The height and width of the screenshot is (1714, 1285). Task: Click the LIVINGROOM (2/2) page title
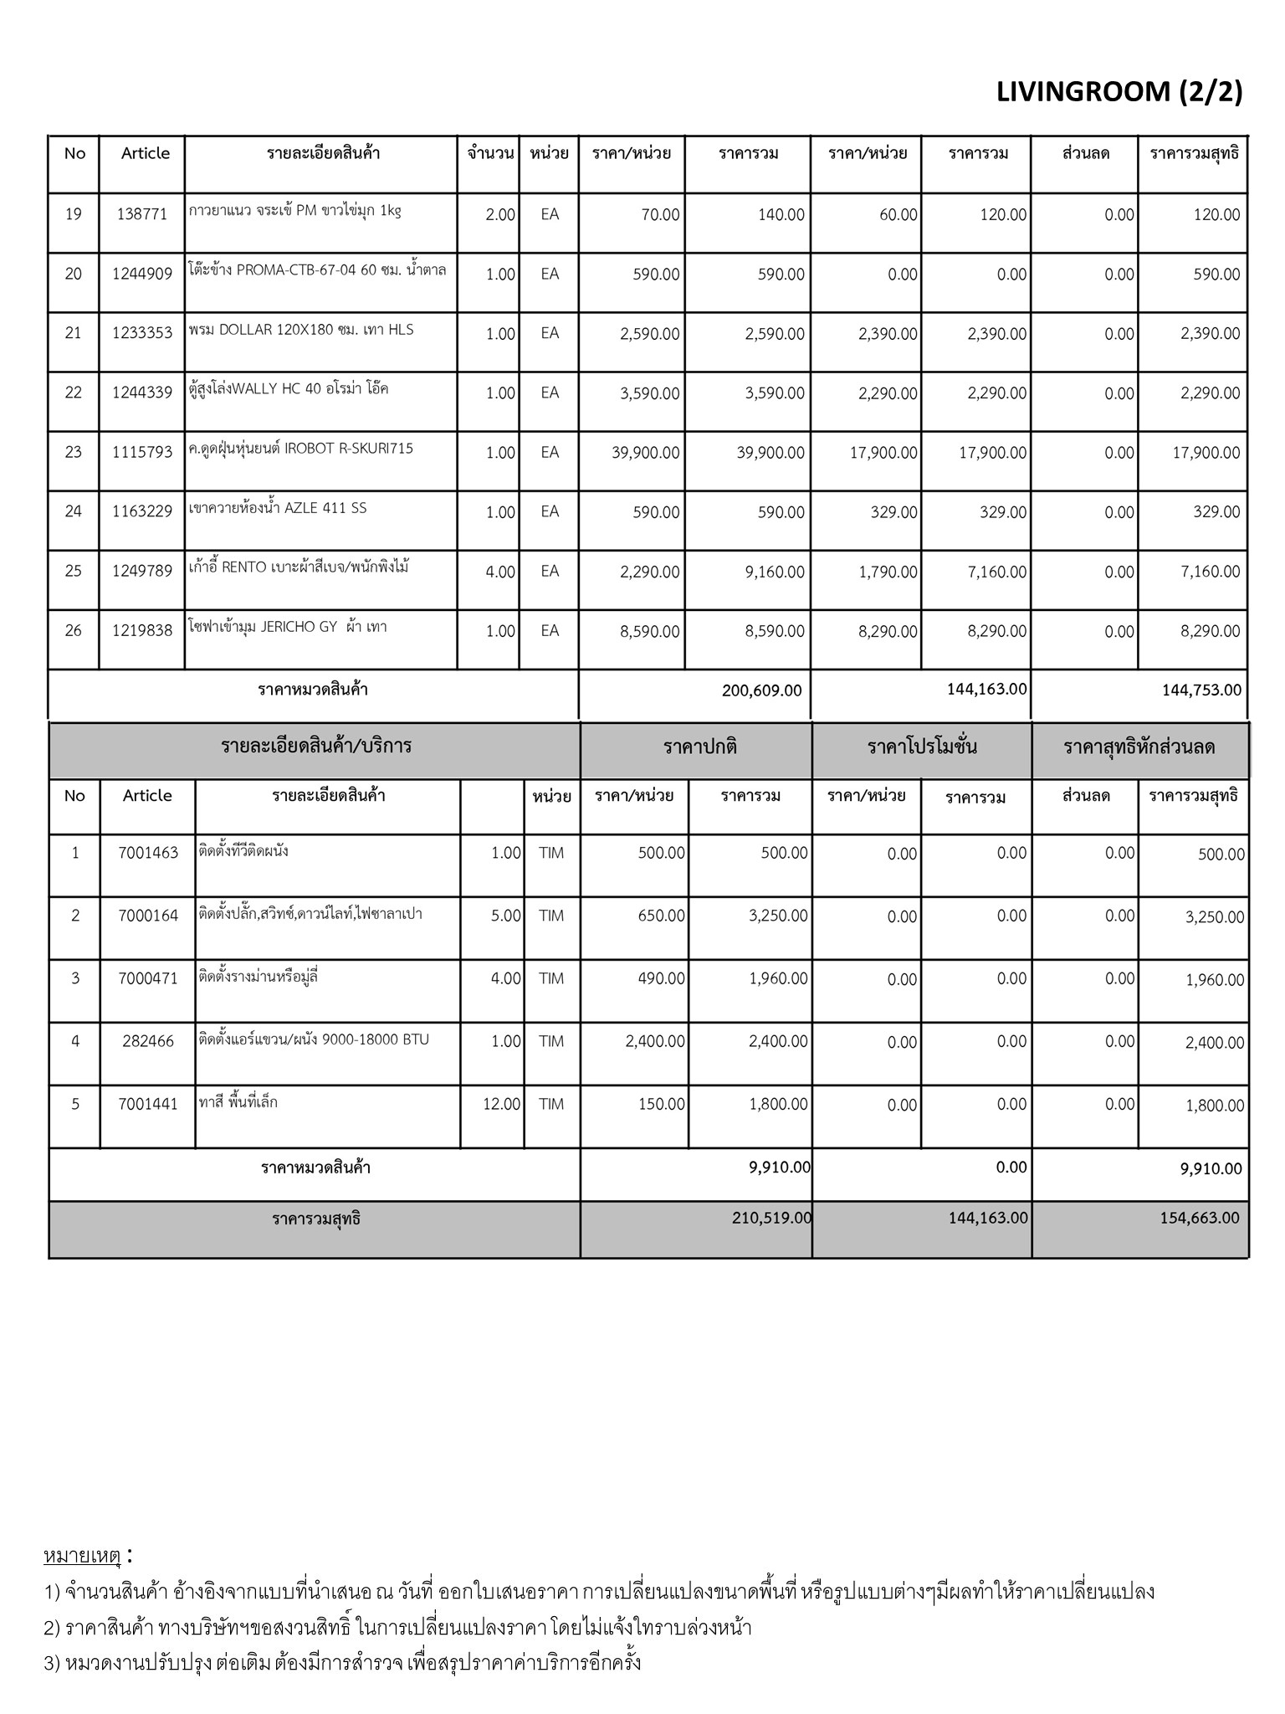click(1119, 91)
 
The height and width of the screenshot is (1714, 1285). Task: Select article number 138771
click(142, 214)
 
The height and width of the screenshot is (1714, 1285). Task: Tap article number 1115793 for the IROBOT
click(142, 452)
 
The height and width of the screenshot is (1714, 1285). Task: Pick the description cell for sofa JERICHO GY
click(289, 627)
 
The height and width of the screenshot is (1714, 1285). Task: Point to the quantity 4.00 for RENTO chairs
click(500, 572)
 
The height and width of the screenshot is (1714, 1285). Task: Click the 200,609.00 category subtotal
click(761, 690)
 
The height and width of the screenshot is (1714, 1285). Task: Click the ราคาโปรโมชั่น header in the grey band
click(922, 747)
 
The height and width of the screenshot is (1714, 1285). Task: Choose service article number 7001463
click(148, 853)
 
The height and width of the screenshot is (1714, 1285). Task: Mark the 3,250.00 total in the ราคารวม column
click(778, 916)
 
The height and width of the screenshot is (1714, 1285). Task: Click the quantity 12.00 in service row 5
click(502, 1104)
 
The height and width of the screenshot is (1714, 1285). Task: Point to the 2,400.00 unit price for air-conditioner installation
click(655, 1041)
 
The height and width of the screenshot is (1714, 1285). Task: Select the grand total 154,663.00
click(1200, 1218)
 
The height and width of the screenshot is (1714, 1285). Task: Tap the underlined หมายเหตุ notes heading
click(82, 1557)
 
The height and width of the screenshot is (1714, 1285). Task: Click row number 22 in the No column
click(74, 393)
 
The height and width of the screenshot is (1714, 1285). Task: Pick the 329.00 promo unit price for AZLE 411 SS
click(893, 512)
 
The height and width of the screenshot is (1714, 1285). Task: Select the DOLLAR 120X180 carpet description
click(302, 330)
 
